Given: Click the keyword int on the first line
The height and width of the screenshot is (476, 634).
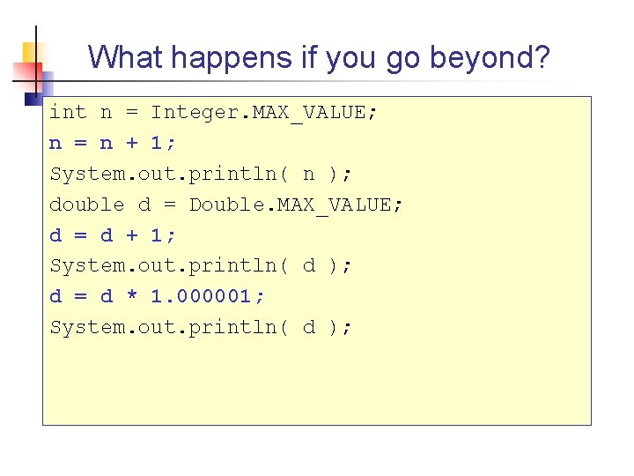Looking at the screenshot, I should point(68,112).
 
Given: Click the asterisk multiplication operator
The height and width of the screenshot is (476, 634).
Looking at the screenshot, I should point(132,297).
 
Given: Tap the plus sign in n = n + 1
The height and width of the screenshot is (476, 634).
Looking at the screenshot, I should point(132,144).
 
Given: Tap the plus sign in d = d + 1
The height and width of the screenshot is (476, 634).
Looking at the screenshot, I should point(132,235).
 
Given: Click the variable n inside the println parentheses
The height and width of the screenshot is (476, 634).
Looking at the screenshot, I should point(308,175).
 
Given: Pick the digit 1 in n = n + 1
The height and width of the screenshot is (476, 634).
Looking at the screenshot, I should point(158,143).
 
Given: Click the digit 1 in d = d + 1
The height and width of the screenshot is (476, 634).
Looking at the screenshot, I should point(158,234).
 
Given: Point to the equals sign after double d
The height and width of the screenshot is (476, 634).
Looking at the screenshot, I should point(170,205).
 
